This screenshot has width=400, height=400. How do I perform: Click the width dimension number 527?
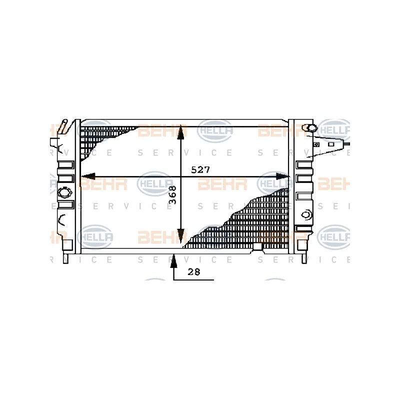200,169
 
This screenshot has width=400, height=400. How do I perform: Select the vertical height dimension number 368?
173,194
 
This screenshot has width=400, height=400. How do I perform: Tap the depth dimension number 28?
194,272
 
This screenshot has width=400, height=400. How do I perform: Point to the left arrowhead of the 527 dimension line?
88,176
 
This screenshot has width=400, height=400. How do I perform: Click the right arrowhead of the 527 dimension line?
283,176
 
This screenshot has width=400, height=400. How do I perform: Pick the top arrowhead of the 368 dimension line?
180,132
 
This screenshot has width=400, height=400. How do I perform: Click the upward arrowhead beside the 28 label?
173,260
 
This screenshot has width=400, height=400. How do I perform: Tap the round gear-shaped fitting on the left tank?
64,192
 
